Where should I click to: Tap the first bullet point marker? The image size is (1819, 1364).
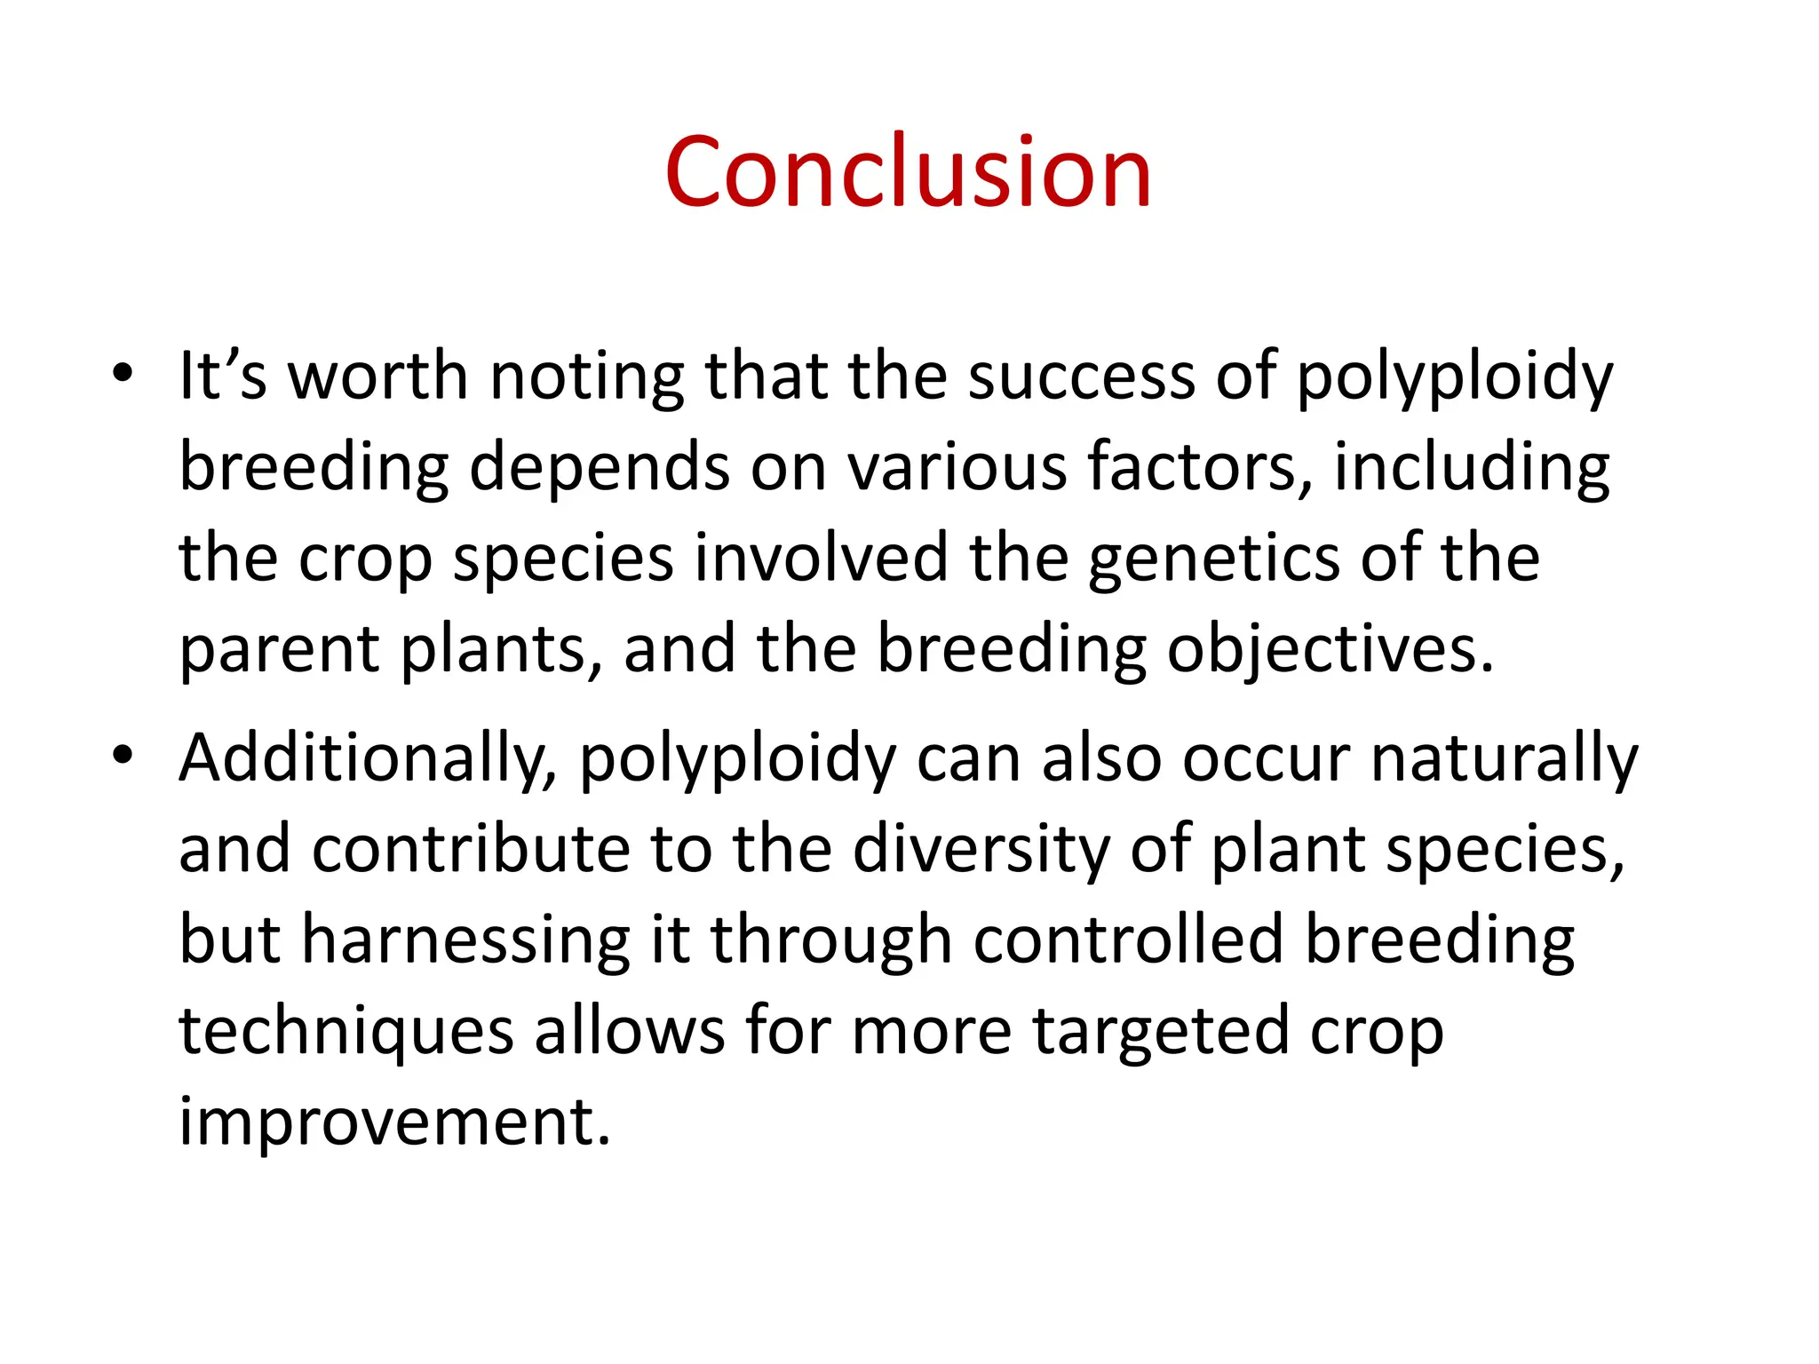point(123,374)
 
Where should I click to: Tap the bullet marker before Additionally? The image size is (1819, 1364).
point(123,756)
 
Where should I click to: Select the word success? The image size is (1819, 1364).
point(1081,376)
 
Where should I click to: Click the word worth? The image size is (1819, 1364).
point(378,376)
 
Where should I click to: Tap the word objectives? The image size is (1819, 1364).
point(1330,651)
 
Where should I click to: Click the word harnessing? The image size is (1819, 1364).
point(465,940)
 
